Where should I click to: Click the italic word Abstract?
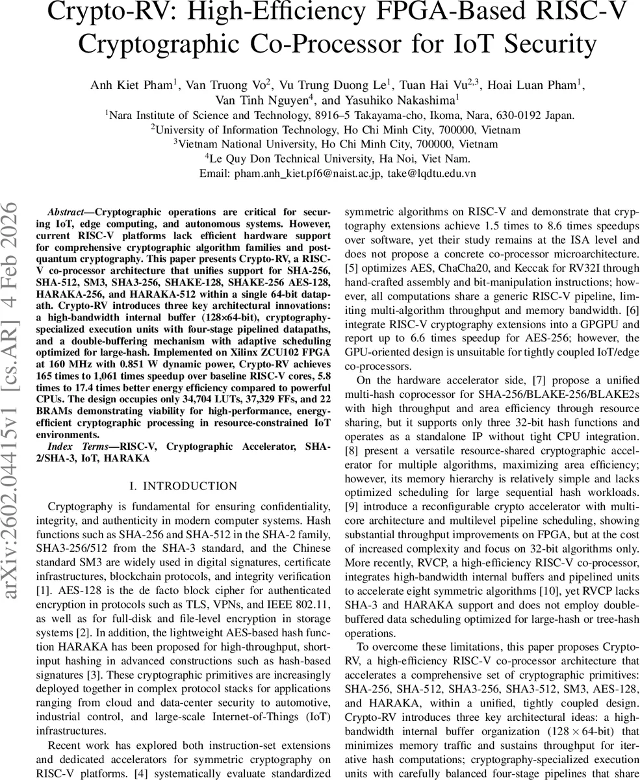[66, 213]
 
